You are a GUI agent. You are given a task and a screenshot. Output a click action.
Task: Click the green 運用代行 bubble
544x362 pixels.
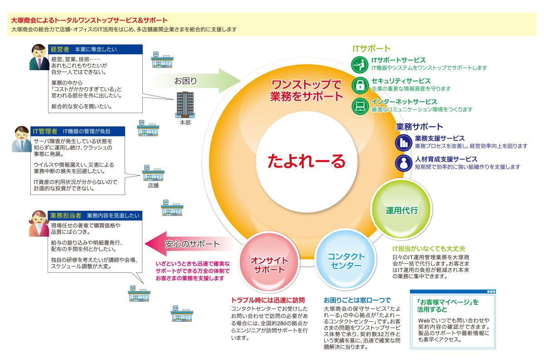(x=402, y=210)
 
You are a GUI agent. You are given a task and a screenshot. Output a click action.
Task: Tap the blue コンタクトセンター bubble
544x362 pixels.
(x=346, y=260)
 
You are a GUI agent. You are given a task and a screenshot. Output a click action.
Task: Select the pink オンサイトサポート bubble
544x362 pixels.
(x=269, y=264)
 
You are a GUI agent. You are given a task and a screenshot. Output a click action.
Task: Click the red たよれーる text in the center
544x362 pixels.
(x=306, y=161)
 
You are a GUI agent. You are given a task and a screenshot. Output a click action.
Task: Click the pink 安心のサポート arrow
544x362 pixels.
(x=189, y=244)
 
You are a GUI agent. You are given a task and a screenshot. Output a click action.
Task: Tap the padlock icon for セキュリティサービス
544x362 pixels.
(x=360, y=85)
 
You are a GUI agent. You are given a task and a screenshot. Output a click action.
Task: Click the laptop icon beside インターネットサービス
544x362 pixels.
(x=360, y=106)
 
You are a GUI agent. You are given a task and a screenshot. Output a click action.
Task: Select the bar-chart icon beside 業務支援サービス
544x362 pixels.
(x=403, y=143)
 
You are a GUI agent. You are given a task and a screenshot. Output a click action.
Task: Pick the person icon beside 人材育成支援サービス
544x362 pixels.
(x=403, y=163)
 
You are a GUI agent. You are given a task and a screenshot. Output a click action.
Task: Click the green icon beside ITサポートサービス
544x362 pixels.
(x=359, y=65)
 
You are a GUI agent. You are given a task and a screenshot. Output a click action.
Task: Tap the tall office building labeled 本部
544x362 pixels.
(x=185, y=105)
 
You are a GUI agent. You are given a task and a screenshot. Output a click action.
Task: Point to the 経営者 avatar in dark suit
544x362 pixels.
(x=39, y=57)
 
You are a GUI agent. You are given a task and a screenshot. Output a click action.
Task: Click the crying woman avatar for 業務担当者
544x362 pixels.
(x=39, y=224)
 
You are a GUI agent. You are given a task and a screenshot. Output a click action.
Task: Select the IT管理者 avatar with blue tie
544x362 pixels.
(x=22, y=139)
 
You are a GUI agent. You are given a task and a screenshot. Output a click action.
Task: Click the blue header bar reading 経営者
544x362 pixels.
(x=95, y=49)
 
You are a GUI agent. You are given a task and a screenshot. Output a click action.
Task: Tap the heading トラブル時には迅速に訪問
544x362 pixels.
(x=268, y=300)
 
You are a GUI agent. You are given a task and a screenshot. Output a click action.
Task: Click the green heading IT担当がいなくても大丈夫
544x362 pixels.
(x=429, y=248)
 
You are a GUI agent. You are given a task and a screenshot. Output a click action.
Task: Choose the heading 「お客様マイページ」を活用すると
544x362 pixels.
(x=448, y=306)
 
